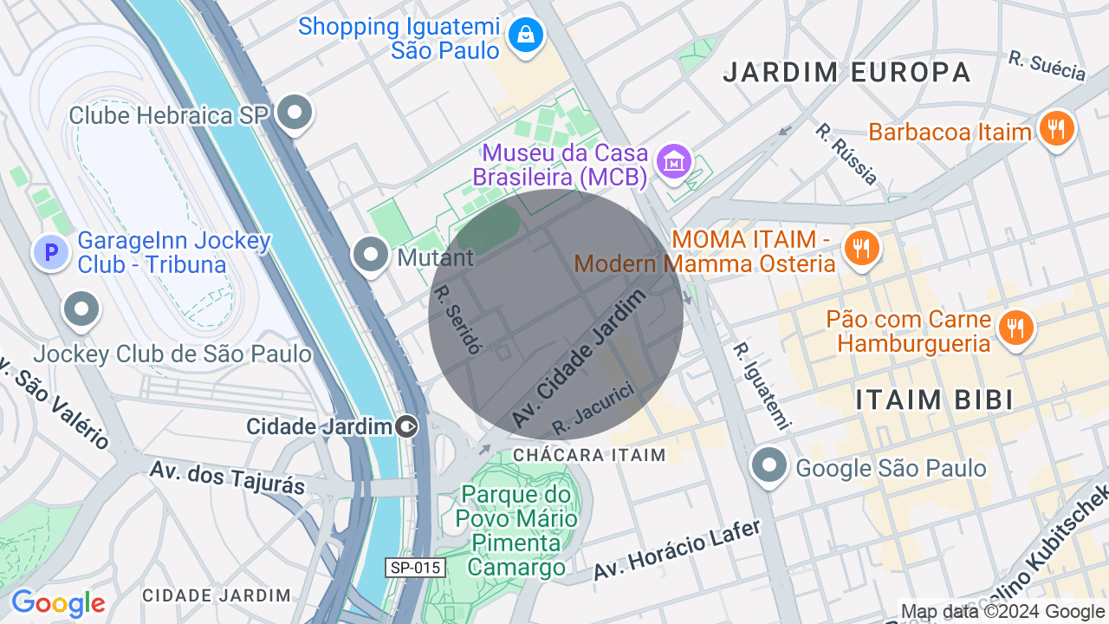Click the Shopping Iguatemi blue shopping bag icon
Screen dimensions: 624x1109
(525, 36)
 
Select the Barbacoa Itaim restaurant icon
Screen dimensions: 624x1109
(1055, 129)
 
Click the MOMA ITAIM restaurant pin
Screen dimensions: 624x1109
(860, 248)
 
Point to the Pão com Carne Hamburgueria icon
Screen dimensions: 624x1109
(1014, 328)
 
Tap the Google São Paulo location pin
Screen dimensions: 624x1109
(769, 465)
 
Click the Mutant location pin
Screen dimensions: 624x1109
(372, 255)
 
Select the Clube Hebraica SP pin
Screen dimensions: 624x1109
(295, 112)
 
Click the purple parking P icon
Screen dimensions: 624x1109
(50, 253)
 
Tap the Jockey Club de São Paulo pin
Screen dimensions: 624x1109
(82, 309)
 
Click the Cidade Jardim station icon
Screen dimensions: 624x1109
(406, 426)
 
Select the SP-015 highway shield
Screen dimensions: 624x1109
(416, 568)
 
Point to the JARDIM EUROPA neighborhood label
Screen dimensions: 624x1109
(846, 72)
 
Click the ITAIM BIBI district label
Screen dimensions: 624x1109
(934, 400)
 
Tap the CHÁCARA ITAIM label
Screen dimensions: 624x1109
(589, 455)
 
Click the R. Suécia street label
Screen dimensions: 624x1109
(1047, 66)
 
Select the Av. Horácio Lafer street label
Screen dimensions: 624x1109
(677, 549)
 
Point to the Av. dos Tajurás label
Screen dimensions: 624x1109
(227, 478)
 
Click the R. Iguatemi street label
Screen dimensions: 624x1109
(762, 387)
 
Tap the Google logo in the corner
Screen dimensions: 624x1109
(58, 603)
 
